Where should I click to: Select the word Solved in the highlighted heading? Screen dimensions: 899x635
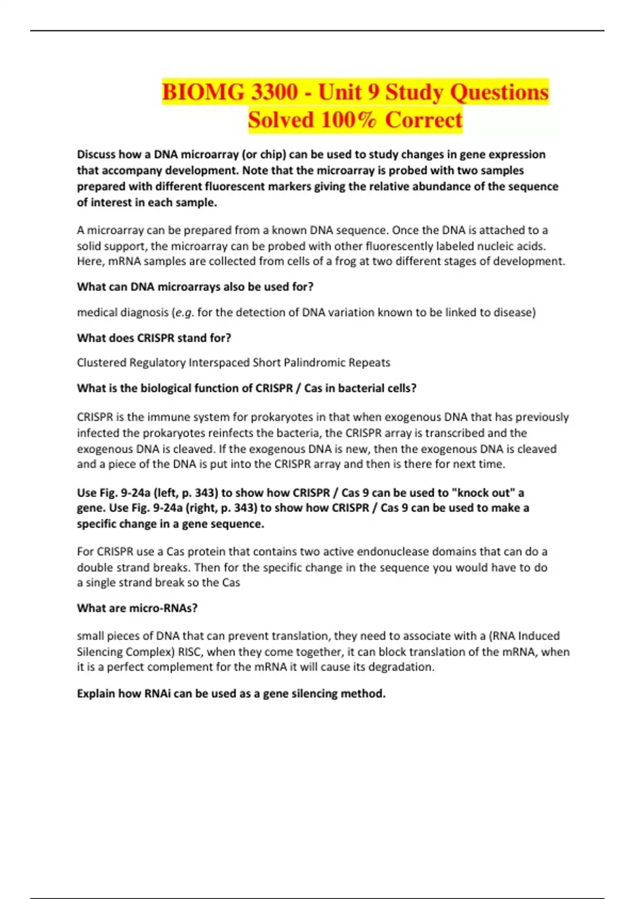[281, 120]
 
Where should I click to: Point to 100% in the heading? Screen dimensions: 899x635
[349, 120]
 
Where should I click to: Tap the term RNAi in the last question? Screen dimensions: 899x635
[157, 693]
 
